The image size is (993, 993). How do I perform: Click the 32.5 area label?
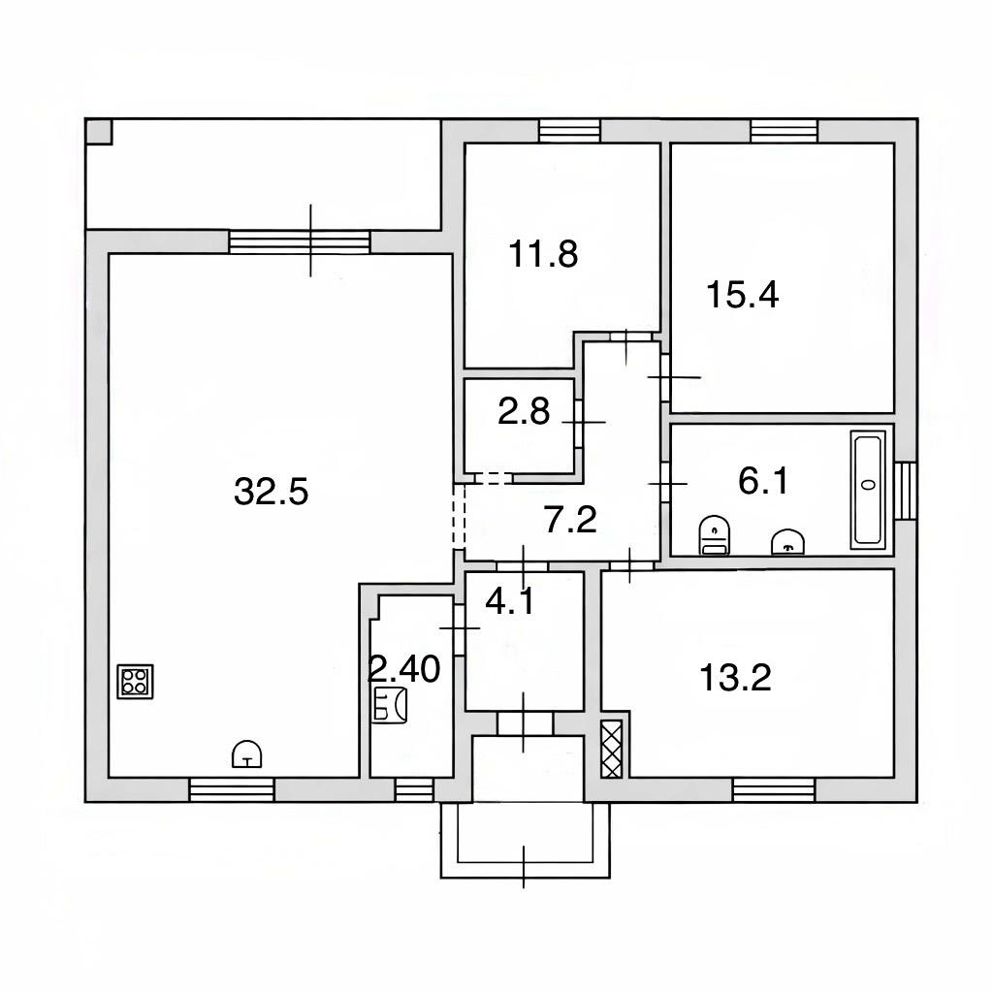click(x=272, y=492)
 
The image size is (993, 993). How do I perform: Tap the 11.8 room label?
click(x=543, y=255)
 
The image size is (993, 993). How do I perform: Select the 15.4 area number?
click(x=742, y=295)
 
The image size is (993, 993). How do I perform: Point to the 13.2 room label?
click(x=735, y=678)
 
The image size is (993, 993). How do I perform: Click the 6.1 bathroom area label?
click(x=763, y=481)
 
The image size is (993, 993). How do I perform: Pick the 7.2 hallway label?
click(x=570, y=520)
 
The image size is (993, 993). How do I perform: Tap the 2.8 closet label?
click(x=524, y=411)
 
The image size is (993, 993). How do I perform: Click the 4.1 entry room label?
click(x=510, y=601)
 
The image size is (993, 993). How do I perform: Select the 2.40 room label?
click(x=404, y=669)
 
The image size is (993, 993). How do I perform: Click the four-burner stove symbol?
click(x=136, y=682)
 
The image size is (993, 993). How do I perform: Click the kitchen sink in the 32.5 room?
click(x=247, y=753)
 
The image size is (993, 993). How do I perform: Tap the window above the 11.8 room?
click(x=569, y=131)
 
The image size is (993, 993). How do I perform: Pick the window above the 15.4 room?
click(x=784, y=131)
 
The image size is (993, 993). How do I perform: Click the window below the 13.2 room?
click(x=774, y=789)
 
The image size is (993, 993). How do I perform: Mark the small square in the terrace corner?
click(x=99, y=132)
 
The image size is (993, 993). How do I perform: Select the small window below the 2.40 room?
click(x=414, y=789)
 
